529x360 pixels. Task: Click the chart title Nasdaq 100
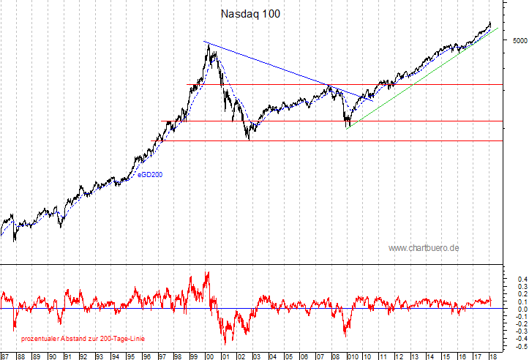(250, 14)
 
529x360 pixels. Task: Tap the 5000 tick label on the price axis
(517, 40)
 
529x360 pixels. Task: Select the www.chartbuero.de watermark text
(424, 248)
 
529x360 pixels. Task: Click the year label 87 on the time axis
(4, 356)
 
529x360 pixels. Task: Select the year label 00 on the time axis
(209, 356)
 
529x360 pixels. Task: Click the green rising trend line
(424, 76)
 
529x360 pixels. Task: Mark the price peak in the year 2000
(209, 45)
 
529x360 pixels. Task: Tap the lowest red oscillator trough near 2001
(225, 343)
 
